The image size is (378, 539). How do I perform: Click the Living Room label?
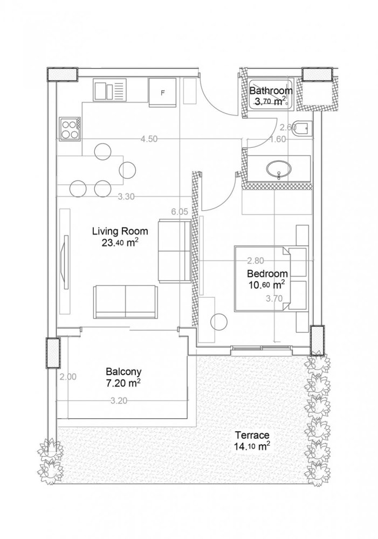pos(119,231)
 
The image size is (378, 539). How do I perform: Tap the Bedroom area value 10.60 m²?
pos(266,284)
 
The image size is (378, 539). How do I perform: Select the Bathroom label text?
pos(271,91)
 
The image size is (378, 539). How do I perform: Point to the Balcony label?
pos(123,371)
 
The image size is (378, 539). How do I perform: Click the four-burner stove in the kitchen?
pos(71,128)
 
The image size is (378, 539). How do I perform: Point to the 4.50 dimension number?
pos(148,139)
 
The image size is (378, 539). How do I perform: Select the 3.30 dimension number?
pos(126,197)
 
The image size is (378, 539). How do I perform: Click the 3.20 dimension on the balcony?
pos(119,400)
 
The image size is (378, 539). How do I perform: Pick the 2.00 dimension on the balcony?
pos(68,377)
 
